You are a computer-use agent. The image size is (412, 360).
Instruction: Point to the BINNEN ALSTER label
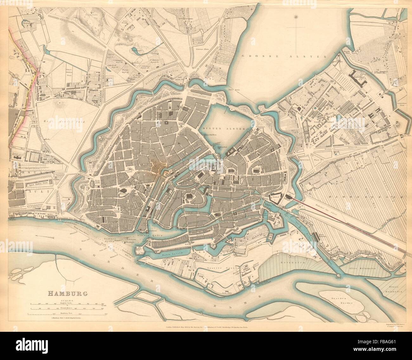point(222,129)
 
